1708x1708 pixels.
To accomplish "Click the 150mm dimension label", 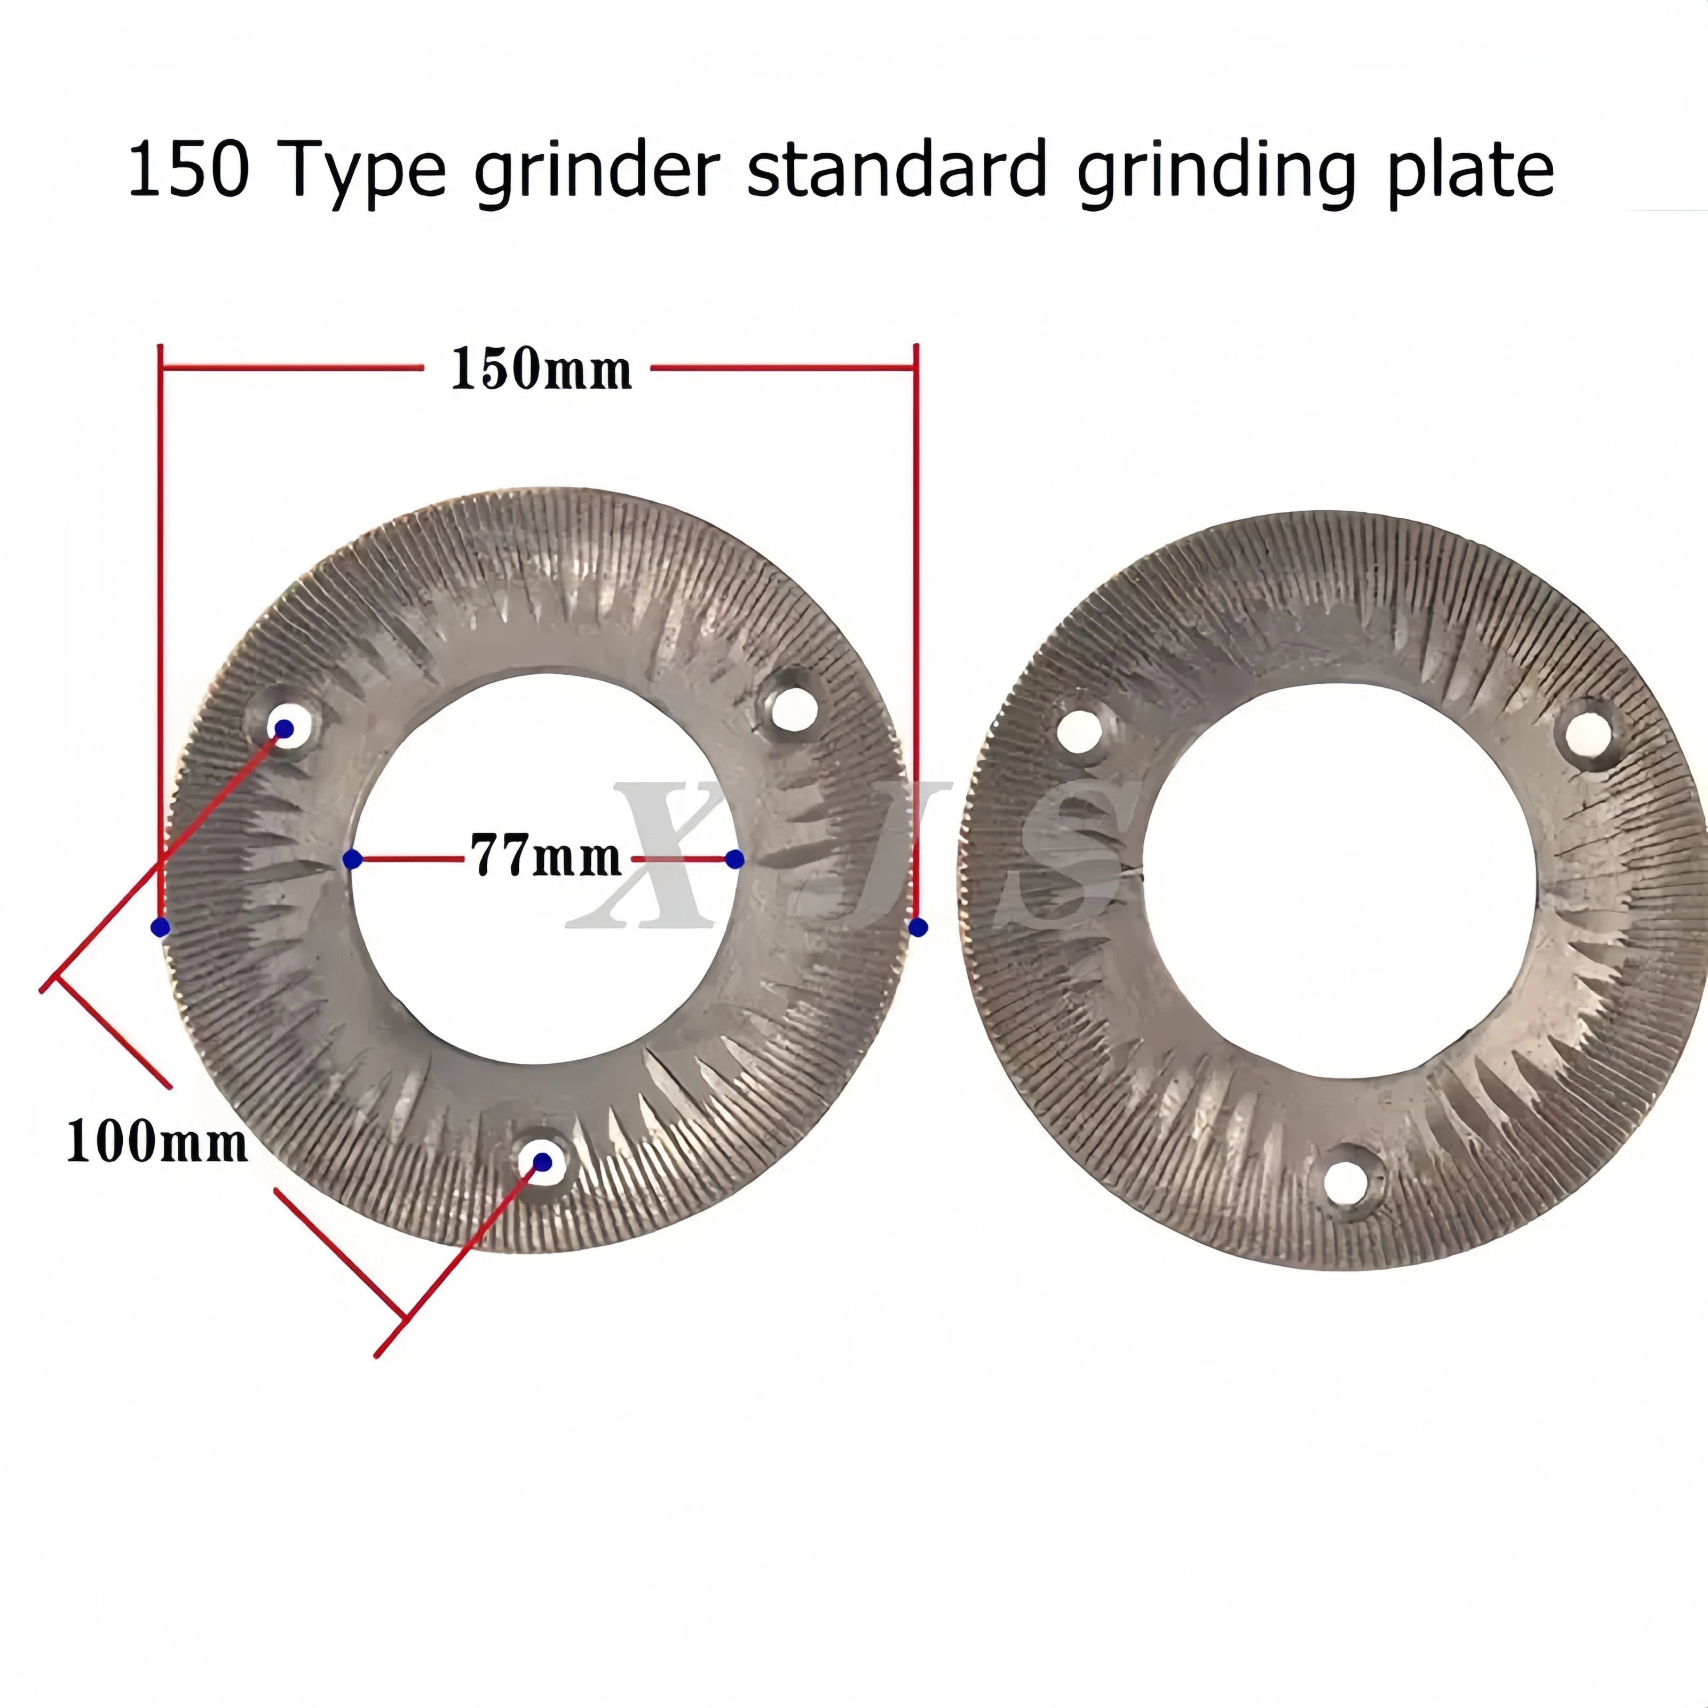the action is [x=541, y=369].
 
